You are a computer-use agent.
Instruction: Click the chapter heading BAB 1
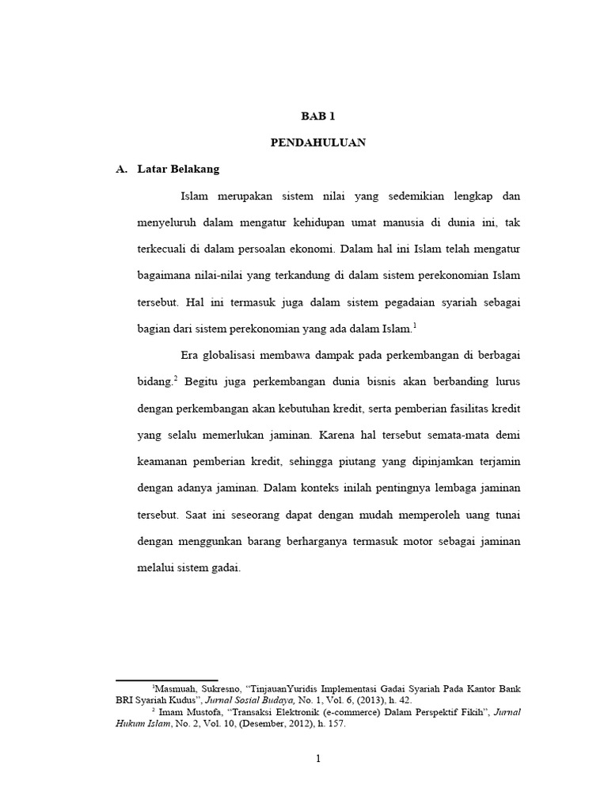pos(317,116)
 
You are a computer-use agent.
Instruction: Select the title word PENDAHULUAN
pos(317,143)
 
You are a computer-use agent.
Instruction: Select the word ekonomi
pos(309,248)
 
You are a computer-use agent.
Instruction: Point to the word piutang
pos(384,462)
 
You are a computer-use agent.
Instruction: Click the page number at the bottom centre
pos(317,760)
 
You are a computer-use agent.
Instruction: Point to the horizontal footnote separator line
pos(166,679)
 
